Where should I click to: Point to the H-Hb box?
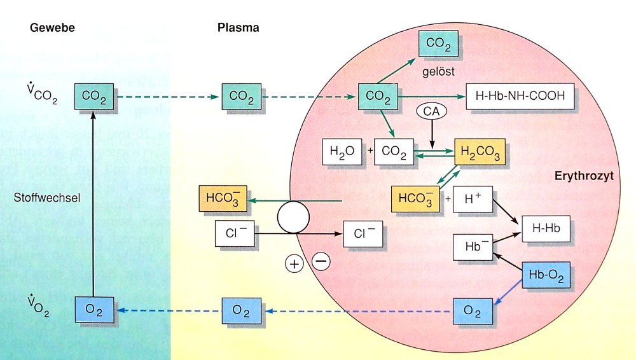(x=545, y=228)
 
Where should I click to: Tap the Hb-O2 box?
(x=545, y=275)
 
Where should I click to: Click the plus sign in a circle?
(x=294, y=264)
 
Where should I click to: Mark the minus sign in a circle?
(x=322, y=260)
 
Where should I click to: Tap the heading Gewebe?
(x=48, y=28)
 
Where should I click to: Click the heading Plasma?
(x=238, y=28)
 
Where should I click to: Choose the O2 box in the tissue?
(x=95, y=311)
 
